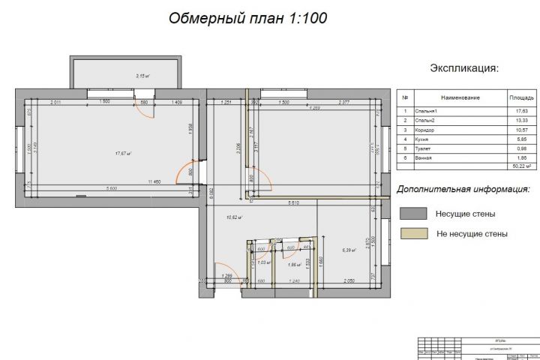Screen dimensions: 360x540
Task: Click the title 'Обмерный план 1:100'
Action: tap(247, 17)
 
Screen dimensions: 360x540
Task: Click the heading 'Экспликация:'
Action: tap(463, 68)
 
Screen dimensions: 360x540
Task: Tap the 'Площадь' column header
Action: tap(521, 97)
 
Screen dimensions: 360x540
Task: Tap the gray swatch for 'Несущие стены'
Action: tap(413, 214)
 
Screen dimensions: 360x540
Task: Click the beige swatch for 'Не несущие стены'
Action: tap(413, 233)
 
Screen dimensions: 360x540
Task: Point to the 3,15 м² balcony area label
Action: tap(142, 76)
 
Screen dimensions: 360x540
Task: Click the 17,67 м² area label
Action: tap(123, 154)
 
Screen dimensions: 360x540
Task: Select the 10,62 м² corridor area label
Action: tap(234, 217)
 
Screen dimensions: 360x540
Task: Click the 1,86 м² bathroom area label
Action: tap(295, 265)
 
